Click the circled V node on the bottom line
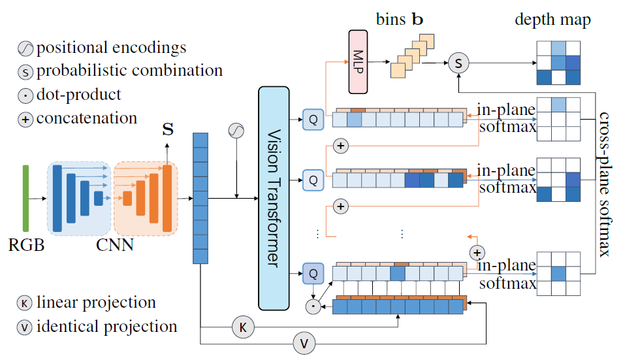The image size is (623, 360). (303, 342)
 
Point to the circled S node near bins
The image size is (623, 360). (458, 63)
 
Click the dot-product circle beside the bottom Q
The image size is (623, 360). (313, 304)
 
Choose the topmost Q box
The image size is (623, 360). (312, 119)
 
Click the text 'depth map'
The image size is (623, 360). (552, 20)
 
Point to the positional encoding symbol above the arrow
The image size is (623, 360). (236, 131)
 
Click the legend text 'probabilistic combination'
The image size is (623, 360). (129, 71)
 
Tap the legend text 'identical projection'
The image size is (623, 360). (106, 326)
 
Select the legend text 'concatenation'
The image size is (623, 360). (87, 118)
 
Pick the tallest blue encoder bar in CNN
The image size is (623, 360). (58, 199)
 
